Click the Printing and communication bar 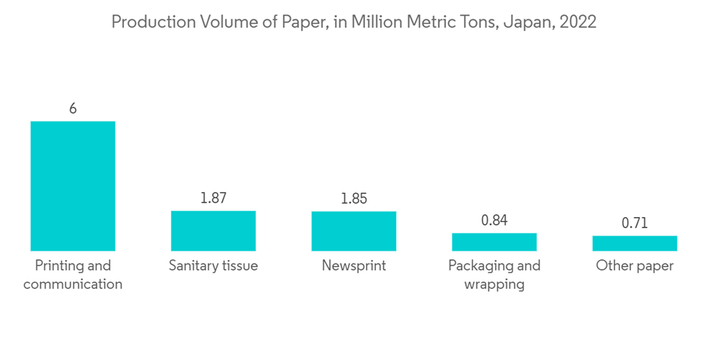tap(72, 186)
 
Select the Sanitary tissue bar tap(213, 231)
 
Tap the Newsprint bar tap(354, 231)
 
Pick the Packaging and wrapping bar tap(494, 242)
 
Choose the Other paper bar tap(634, 244)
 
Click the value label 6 tap(72, 109)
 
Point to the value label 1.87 tap(213, 198)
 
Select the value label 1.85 tap(354, 198)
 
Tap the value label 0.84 tap(494, 220)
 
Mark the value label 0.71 tap(634, 223)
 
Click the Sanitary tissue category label tap(213, 266)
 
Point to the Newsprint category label tap(354, 266)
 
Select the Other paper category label tap(634, 266)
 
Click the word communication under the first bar tap(72, 284)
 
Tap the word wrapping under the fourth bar tap(494, 284)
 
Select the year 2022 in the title tap(578, 23)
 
